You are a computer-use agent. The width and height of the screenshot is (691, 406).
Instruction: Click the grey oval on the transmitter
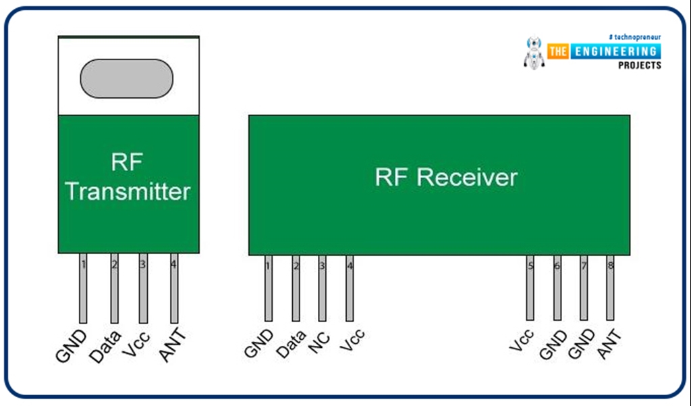(126, 78)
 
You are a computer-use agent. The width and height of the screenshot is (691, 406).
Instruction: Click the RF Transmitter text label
(128, 178)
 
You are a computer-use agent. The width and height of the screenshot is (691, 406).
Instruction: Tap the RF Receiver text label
(446, 177)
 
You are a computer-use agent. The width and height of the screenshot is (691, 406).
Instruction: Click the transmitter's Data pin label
(105, 346)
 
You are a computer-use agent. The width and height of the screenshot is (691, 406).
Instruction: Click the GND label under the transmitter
(71, 346)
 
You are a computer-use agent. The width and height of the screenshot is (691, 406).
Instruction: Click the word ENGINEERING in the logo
(615, 51)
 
